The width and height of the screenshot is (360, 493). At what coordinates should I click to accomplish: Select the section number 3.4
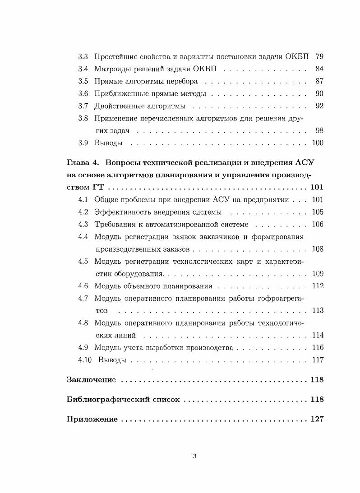pyautogui.click(x=83, y=69)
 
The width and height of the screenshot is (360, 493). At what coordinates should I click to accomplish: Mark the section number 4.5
pyautogui.click(x=83, y=261)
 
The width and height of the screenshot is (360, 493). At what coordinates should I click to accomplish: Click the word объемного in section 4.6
pyautogui.click(x=141, y=286)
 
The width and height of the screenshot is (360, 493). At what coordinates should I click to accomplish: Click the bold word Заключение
pyautogui.click(x=91, y=380)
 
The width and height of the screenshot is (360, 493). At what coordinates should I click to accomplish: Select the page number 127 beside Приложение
pyautogui.click(x=317, y=419)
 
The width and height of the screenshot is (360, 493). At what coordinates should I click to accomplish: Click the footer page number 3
pyautogui.click(x=194, y=456)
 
